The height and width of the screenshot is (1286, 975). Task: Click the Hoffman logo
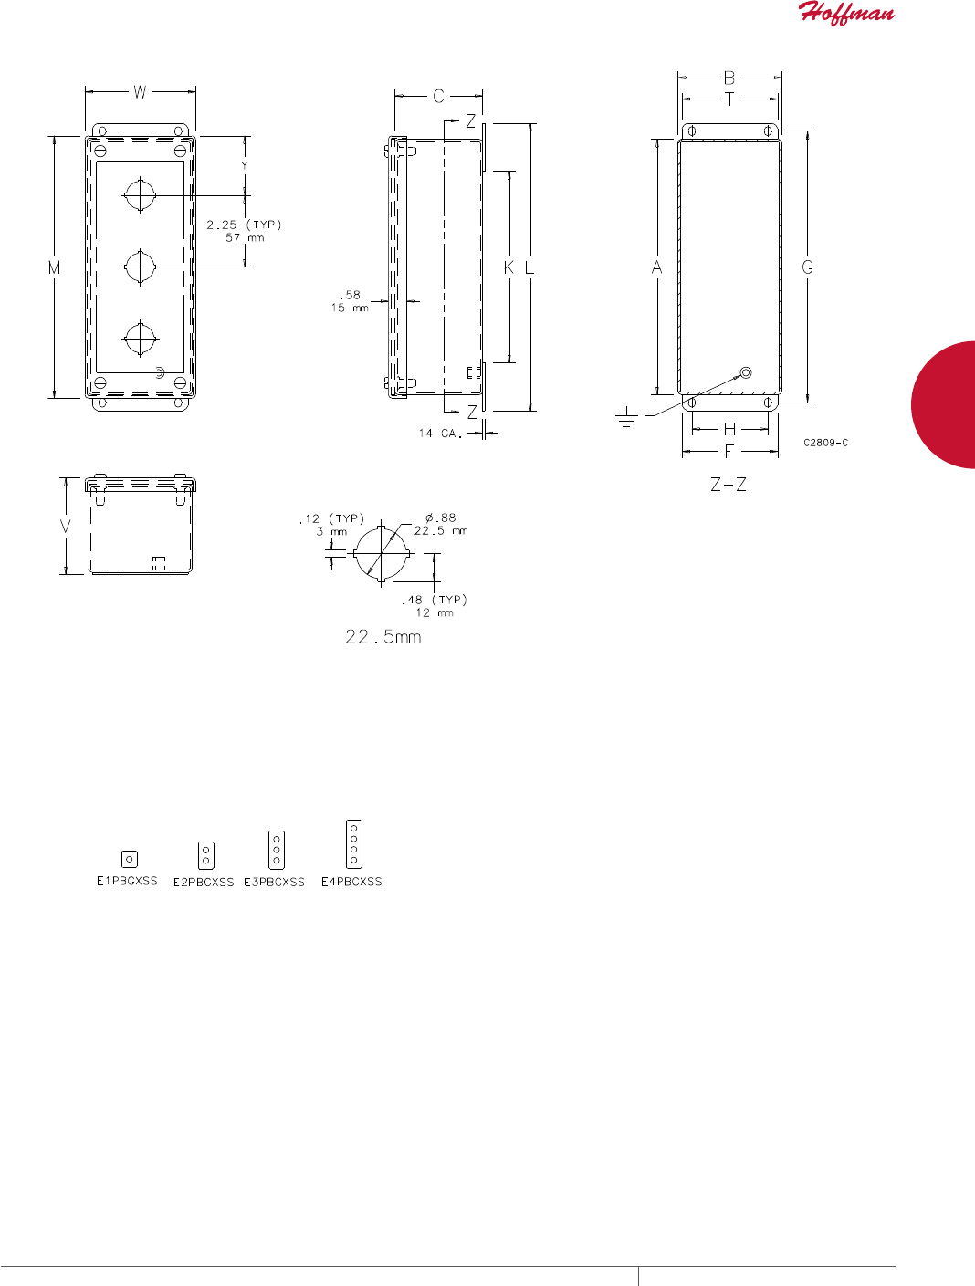coord(846,13)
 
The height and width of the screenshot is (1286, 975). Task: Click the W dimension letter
coord(140,92)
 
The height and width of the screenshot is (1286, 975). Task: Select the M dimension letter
coord(54,267)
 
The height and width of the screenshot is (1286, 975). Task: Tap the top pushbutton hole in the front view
coord(140,195)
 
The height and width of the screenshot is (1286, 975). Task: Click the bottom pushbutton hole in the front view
coord(141,339)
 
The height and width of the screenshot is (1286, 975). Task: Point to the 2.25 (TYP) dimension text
coord(244,225)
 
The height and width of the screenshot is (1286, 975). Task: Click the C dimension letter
coord(438,96)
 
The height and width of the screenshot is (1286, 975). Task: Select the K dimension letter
coord(508,267)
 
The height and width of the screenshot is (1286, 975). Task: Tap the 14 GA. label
coord(440,434)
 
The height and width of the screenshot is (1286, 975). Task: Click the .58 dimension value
coord(351,295)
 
